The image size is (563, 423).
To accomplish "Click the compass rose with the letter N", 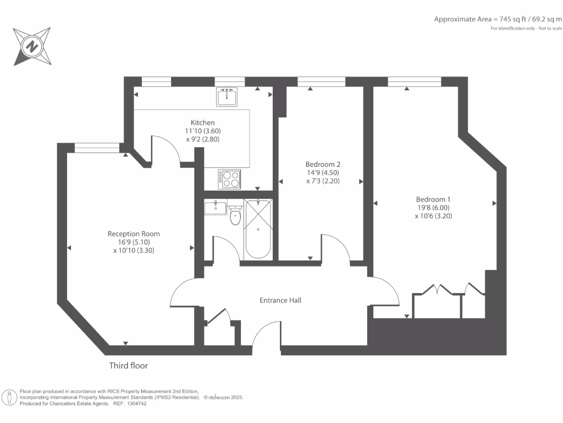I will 32,46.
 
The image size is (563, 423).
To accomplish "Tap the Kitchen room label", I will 202,122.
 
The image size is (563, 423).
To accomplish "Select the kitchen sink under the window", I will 227,97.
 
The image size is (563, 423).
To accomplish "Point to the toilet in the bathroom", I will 236,216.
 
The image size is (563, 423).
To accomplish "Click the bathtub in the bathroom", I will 258,229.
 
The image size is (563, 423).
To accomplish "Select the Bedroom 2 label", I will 323,164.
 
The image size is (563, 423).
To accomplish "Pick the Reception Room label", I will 134,234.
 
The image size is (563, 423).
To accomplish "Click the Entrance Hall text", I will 280,300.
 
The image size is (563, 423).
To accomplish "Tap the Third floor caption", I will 128,366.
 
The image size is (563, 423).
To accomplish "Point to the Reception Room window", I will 92,147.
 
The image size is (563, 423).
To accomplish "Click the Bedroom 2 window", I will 321,82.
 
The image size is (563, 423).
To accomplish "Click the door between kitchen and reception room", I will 165,151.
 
